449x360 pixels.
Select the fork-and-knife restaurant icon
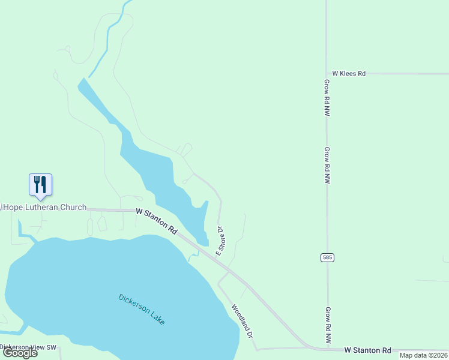click(x=40, y=184)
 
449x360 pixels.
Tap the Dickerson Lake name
click(x=142, y=309)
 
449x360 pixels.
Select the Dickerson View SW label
click(x=28, y=347)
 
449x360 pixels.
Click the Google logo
click(x=20, y=353)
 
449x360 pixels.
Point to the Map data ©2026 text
click(x=423, y=355)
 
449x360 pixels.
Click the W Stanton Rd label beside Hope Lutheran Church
click(x=157, y=220)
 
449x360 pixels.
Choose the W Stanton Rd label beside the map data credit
click(x=367, y=350)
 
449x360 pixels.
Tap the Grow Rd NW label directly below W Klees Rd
click(x=327, y=97)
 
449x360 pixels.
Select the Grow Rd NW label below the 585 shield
click(x=328, y=325)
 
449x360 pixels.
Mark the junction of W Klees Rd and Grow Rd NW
click(x=327, y=74)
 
